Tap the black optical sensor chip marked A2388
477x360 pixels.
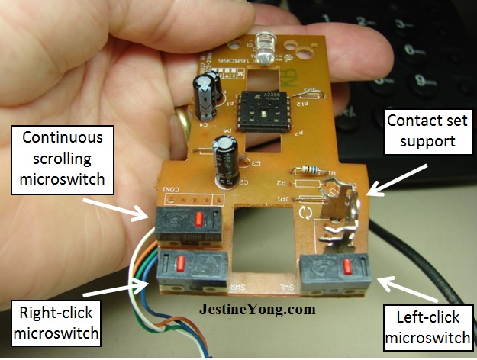[x=262, y=111]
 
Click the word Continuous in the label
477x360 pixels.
[x=64, y=138]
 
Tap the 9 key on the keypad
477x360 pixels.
[x=420, y=81]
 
